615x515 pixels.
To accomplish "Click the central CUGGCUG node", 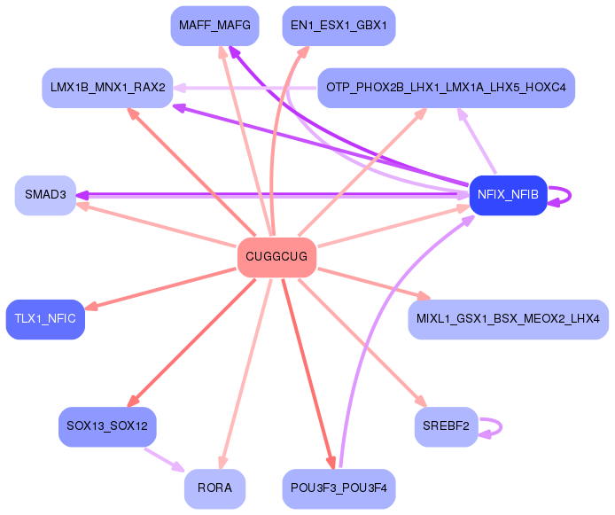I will click(x=276, y=257).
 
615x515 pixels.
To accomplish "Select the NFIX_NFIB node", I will click(x=507, y=195).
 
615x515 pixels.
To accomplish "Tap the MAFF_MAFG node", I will click(x=214, y=26).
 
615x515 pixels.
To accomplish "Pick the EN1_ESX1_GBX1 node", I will click(x=338, y=26).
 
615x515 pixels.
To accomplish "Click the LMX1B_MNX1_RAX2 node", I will click(x=108, y=88).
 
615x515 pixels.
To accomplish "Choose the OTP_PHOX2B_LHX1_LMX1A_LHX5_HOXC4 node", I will click(x=447, y=88).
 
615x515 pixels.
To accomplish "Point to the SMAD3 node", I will click(x=45, y=195).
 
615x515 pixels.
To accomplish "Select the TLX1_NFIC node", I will click(x=45, y=318).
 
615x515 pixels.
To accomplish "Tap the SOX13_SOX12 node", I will click(x=107, y=426).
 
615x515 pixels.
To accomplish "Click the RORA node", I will click(x=214, y=488).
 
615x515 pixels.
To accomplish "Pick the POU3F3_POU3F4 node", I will click(x=339, y=488).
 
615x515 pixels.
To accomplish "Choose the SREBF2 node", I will click(x=446, y=426).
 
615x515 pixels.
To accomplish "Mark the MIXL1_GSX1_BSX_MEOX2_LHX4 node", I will click(x=509, y=318).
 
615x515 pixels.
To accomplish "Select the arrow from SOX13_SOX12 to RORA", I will click(x=164, y=459).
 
